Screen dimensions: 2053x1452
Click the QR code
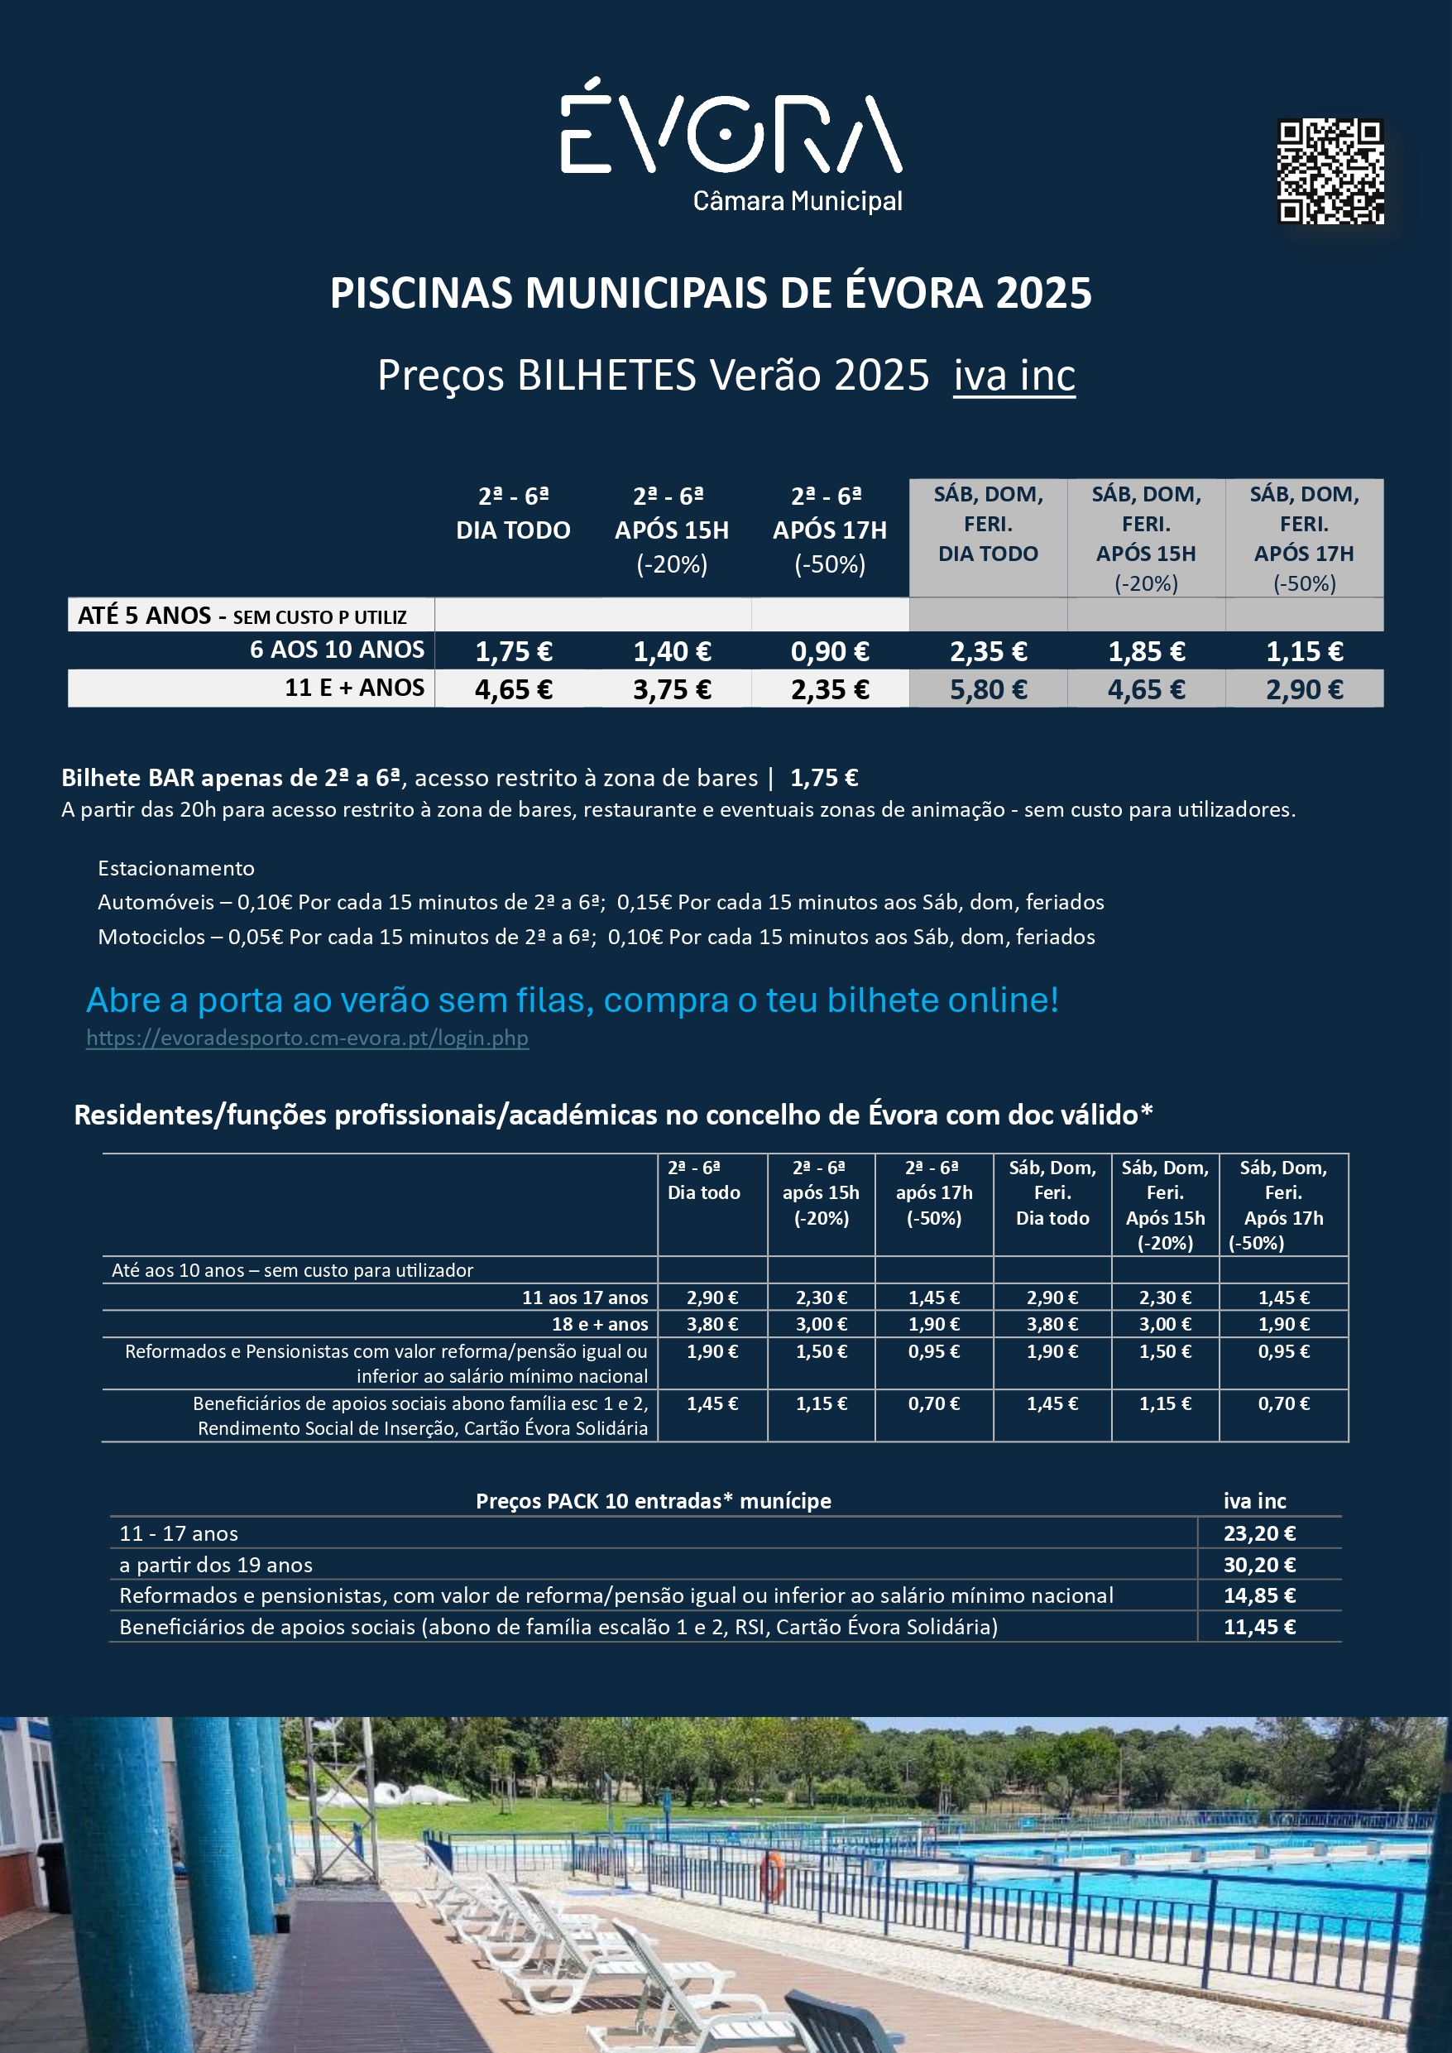click(1330, 170)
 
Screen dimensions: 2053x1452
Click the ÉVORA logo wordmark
click(731, 132)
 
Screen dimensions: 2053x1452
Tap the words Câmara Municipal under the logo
click(797, 201)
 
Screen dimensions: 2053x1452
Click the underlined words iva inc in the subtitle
click(1014, 376)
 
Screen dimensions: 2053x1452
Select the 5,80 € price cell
click(988, 689)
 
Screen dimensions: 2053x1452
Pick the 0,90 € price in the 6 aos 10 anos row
click(829, 652)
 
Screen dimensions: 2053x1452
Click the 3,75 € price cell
click(672, 689)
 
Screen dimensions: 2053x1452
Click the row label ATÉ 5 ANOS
click(145, 615)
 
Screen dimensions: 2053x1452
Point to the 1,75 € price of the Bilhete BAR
click(823, 778)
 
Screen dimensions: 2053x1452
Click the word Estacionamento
click(176, 868)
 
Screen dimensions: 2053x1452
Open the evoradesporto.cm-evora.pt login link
click(307, 1038)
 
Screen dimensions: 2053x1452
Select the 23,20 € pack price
click(1259, 1533)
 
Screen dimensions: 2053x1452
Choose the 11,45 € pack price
click(1259, 1627)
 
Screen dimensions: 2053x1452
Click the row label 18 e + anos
click(599, 1324)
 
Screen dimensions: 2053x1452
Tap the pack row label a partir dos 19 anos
click(215, 1565)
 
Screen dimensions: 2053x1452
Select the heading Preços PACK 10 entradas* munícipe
click(653, 1500)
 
